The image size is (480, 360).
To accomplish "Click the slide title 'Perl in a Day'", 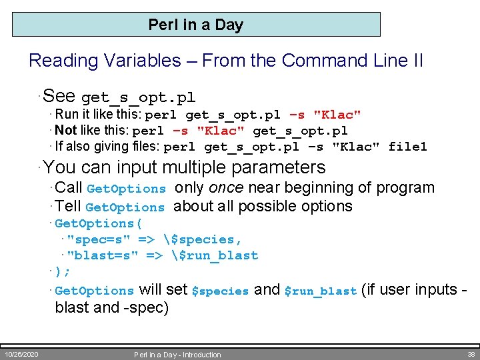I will [x=196, y=25].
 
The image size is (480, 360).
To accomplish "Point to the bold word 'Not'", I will [x=66, y=131].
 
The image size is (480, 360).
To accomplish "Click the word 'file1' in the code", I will [x=407, y=147].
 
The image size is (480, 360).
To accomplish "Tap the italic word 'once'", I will [x=227, y=188].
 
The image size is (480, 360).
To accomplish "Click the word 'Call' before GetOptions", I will [x=69, y=188].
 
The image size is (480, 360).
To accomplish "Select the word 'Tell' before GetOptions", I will [x=69, y=207].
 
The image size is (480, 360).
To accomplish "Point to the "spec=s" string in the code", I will [x=99, y=239].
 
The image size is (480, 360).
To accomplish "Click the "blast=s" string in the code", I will [x=103, y=255].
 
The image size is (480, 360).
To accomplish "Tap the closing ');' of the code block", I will [x=63, y=271].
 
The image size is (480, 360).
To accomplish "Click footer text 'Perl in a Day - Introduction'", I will [x=177, y=355].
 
